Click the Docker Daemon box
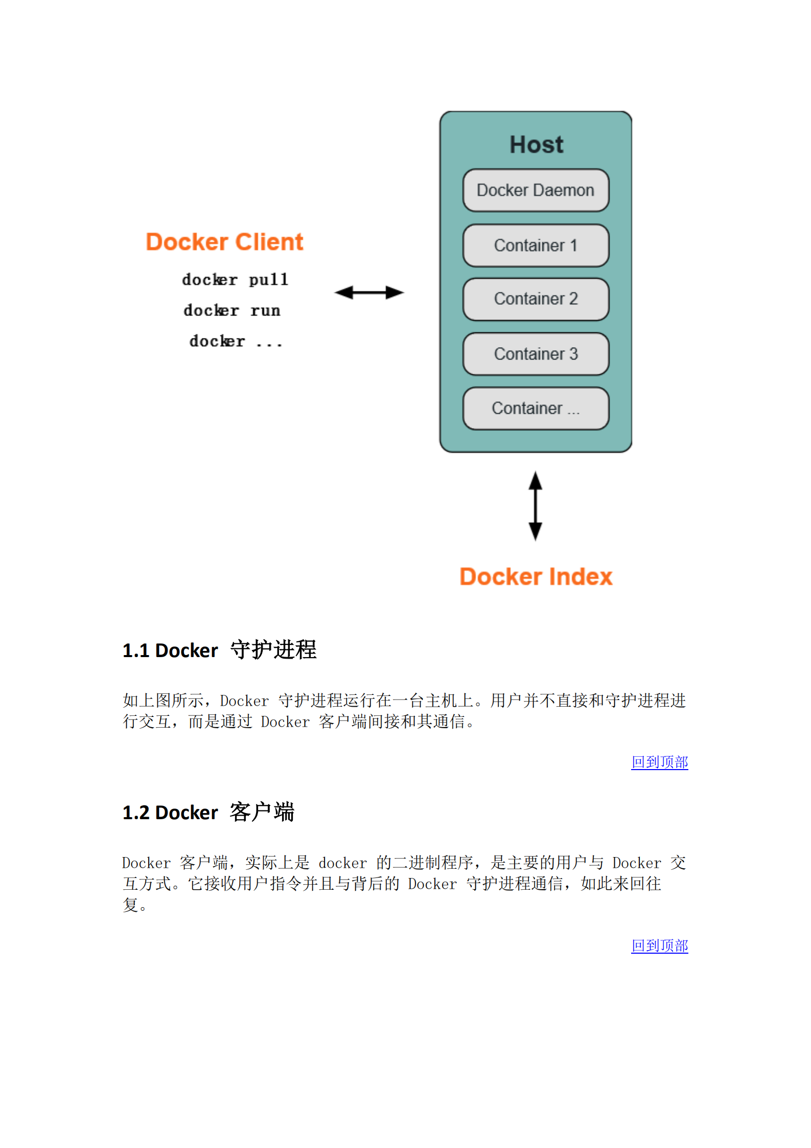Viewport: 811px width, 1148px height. click(x=535, y=190)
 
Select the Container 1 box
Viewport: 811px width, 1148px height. click(x=535, y=245)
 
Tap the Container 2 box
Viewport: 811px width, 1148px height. click(x=535, y=299)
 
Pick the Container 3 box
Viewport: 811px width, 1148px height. click(x=535, y=354)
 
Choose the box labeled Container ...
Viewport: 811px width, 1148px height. click(x=535, y=408)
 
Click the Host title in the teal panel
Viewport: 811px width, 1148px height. click(x=536, y=145)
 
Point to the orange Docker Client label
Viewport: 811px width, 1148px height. click(x=224, y=242)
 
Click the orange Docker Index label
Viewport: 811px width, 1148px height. click(x=536, y=577)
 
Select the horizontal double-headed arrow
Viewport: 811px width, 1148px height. click(x=369, y=292)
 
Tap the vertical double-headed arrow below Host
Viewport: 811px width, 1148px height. click(x=535, y=506)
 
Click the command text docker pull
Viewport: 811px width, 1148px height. click(x=235, y=280)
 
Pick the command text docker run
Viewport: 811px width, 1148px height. click(x=232, y=310)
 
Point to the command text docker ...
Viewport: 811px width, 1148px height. click(x=217, y=341)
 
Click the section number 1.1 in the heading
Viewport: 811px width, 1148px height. click(x=135, y=651)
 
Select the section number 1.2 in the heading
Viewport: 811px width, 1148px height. click(x=135, y=813)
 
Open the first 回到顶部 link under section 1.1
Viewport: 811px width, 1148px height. click(x=659, y=762)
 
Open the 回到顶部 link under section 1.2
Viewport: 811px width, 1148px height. click(x=659, y=946)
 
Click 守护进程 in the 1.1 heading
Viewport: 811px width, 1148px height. click(x=273, y=650)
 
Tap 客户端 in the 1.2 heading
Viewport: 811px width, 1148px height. click(x=262, y=812)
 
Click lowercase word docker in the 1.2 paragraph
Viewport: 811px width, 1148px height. click(x=342, y=863)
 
